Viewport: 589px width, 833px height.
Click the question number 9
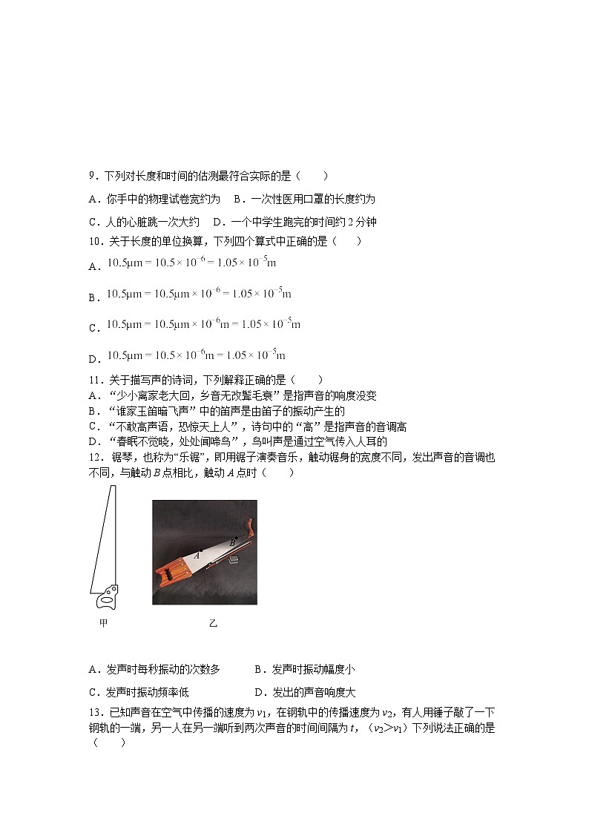coord(93,177)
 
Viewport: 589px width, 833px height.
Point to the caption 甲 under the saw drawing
coord(103,623)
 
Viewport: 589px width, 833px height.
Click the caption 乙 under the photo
coord(213,624)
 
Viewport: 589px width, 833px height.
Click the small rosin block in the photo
coord(234,564)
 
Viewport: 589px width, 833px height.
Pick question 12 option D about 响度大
coord(304,693)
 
